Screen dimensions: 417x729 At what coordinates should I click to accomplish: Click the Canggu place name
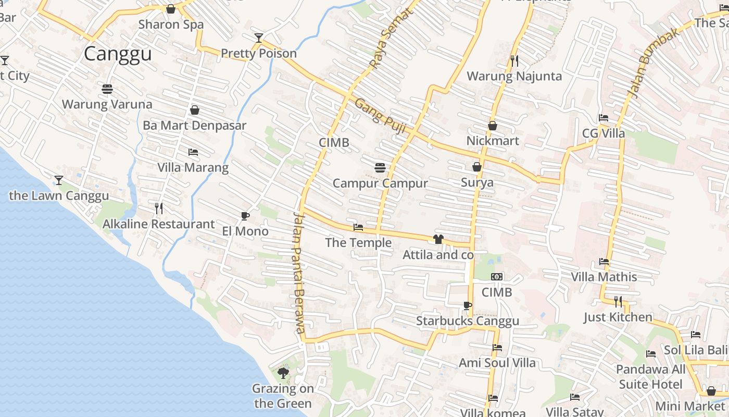pyautogui.click(x=118, y=54)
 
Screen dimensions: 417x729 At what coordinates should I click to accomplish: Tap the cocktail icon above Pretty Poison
pyautogui.click(x=258, y=38)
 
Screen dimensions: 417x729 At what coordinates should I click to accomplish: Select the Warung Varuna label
pyautogui.click(x=107, y=104)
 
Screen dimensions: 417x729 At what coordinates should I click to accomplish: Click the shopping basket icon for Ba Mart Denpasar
pyautogui.click(x=194, y=110)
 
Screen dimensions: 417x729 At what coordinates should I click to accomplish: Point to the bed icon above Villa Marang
pyautogui.click(x=193, y=152)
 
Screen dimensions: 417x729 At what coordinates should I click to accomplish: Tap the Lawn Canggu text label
pyautogui.click(x=59, y=196)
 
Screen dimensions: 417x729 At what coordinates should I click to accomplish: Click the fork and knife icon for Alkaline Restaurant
pyautogui.click(x=159, y=208)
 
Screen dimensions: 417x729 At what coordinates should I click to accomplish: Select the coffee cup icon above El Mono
pyautogui.click(x=245, y=216)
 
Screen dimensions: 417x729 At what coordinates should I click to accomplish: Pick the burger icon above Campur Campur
pyautogui.click(x=380, y=167)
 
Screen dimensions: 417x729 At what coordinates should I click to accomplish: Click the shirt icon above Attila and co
pyautogui.click(x=438, y=239)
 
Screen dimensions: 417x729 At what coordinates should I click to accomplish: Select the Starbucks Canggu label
pyautogui.click(x=467, y=321)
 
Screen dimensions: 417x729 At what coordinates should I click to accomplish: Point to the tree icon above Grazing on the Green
pyautogui.click(x=283, y=373)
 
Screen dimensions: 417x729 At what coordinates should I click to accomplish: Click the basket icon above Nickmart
pyautogui.click(x=492, y=126)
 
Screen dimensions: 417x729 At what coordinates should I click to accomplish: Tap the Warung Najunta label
pyautogui.click(x=514, y=77)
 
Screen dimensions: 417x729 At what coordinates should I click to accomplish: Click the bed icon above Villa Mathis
pyautogui.click(x=604, y=261)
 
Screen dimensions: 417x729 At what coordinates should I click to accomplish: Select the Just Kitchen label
pyautogui.click(x=618, y=317)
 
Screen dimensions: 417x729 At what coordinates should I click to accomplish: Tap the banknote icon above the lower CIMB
pyautogui.click(x=496, y=277)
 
